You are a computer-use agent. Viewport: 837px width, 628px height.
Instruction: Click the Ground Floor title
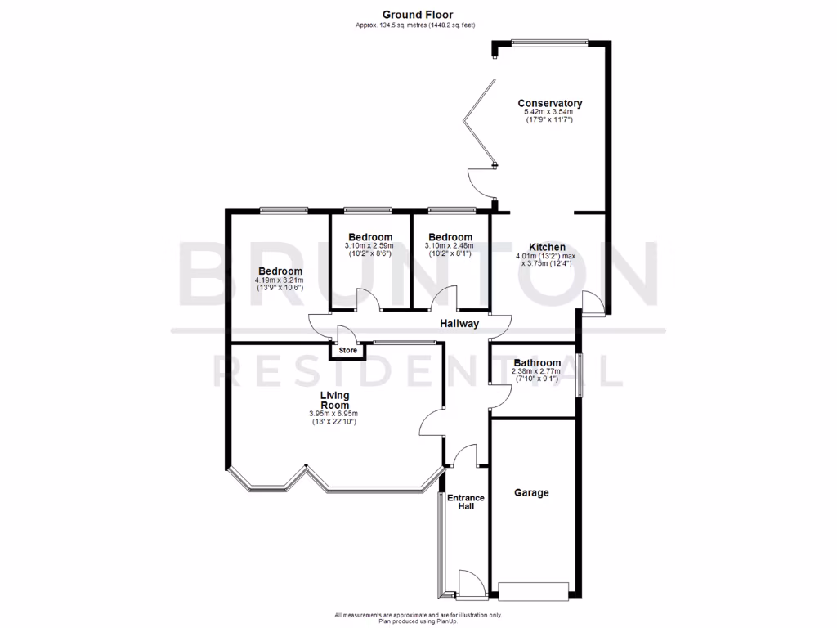[x=418, y=14]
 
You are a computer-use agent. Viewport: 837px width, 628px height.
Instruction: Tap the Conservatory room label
[x=549, y=103]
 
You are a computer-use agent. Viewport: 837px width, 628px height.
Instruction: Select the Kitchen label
[x=547, y=247]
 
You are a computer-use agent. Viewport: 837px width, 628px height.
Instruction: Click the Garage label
[x=531, y=492]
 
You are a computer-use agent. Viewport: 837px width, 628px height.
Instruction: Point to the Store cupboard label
[x=348, y=351]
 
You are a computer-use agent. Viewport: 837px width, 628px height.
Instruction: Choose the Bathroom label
[x=537, y=363]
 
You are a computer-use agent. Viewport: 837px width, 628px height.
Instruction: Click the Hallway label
[x=459, y=324]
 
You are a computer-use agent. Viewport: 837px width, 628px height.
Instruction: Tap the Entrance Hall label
[x=465, y=502]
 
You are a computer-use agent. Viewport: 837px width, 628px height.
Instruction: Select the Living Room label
[x=334, y=400]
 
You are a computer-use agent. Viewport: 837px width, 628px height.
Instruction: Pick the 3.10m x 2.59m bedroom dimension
[x=369, y=246]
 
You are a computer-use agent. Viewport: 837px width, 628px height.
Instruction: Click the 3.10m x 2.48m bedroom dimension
[x=449, y=246]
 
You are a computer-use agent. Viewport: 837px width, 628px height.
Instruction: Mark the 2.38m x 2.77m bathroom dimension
[x=537, y=372]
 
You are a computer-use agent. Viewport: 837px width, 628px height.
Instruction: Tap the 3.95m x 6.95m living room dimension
[x=333, y=414]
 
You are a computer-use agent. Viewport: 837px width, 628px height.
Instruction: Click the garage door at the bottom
[x=533, y=589]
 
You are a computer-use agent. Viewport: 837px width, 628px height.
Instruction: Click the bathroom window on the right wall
[x=579, y=375]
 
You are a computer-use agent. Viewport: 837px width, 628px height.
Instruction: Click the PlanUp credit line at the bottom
[x=418, y=621]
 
